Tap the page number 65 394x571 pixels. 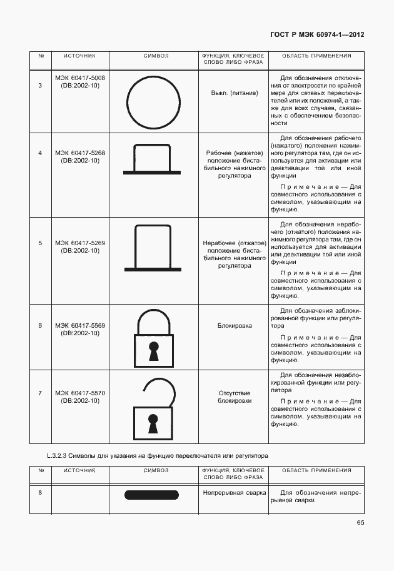360,522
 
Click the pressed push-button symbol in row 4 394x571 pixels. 153,161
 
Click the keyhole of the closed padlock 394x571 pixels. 153,351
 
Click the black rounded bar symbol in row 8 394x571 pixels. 152,495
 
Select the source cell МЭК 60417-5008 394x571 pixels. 79,82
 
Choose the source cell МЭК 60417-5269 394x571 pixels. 79,246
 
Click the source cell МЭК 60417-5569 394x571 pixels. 79,330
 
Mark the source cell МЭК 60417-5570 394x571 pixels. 79,397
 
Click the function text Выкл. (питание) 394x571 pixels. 235,93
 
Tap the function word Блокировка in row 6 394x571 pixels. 235,326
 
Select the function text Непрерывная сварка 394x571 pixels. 235,492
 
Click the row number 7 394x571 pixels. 40,393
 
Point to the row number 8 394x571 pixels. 40,492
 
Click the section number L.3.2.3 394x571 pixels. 58,456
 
